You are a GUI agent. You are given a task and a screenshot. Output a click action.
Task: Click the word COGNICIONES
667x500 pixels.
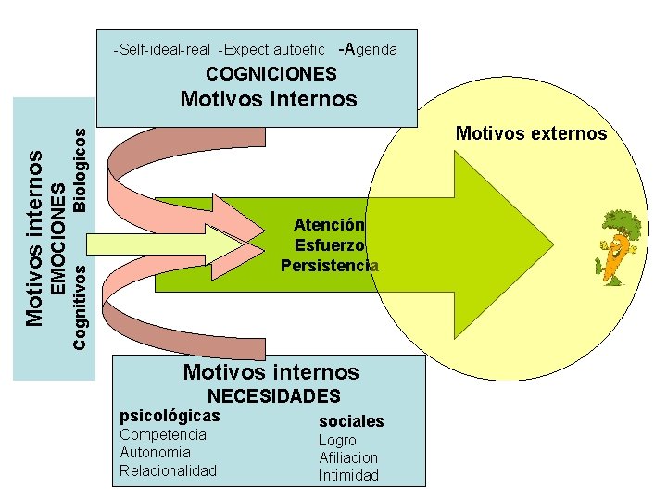coord(271,74)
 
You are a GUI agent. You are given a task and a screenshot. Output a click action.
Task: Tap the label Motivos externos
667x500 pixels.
coord(531,133)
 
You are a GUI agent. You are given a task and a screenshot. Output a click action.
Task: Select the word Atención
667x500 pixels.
coord(329,224)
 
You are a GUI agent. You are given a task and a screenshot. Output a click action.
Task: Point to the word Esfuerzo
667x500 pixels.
coord(329,245)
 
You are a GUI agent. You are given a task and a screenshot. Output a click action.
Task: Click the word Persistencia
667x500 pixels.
coord(330,266)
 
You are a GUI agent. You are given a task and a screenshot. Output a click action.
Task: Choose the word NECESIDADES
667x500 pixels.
coord(273,396)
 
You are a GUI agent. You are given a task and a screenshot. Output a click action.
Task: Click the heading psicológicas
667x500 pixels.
coord(170,417)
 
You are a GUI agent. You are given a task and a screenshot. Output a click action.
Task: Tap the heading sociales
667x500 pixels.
coord(350,421)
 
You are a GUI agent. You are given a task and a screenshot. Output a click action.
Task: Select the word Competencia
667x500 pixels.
coord(163,435)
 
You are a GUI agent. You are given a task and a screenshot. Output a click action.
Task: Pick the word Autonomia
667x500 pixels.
coord(155,453)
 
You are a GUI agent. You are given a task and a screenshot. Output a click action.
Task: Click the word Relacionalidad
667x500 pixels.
coord(168,470)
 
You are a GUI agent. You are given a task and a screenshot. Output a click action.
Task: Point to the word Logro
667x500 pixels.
coord(337,441)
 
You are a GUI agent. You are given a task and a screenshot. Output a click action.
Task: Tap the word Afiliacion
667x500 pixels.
coord(348,458)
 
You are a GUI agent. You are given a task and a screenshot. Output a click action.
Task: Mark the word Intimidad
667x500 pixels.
coord(348,476)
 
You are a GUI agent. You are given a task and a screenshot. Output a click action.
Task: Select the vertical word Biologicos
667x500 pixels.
coord(81,169)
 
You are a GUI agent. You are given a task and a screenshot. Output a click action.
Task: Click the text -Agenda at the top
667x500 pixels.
coord(368,49)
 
